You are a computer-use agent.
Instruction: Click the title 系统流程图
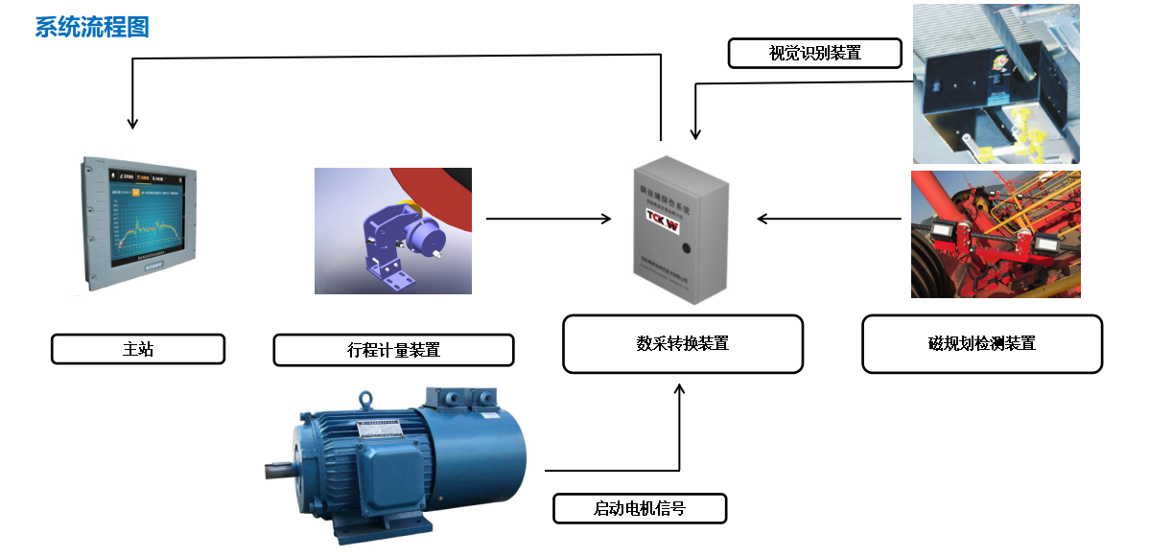pyautogui.click(x=92, y=27)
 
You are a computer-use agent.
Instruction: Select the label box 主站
pyautogui.click(x=138, y=349)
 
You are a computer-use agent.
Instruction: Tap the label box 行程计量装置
pyautogui.click(x=393, y=350)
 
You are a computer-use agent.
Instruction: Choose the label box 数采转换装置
pyautogui.click(x=682, y=343)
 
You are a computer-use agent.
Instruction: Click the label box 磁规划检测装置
pyautogui.click(x=982, y=343)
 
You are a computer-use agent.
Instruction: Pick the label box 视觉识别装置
pyautogui.click(x=815, y=53)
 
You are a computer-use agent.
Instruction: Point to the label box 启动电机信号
pyautogui.click(x=640, y=508)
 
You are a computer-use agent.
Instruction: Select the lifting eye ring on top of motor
pyautogui.click(x=365, y=399)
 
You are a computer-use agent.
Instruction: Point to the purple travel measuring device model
pyautogui.click(x=398, y=239)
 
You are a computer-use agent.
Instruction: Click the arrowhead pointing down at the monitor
pyautogui.click(x=133, y=124)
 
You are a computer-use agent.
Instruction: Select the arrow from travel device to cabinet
pyautogui.click(x=548, y=219)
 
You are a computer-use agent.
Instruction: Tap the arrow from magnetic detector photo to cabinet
pyautogui.click(x=830, y=219)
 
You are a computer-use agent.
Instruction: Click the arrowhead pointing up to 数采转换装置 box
pyautogui.click(x=680, y=389)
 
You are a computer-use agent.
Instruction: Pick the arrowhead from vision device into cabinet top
pyautogui.click(x=695, y=133)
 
